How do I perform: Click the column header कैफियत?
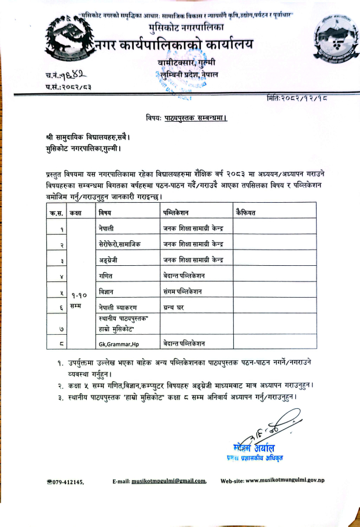tap(247, 213)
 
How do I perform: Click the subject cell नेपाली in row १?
tap(108, 228)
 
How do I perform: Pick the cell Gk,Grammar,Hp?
tap(119, 343)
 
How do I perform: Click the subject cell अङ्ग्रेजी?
tap(111, 259)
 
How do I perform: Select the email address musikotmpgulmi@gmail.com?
tap(168, 481)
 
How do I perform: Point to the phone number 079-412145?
tap(68, 481)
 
